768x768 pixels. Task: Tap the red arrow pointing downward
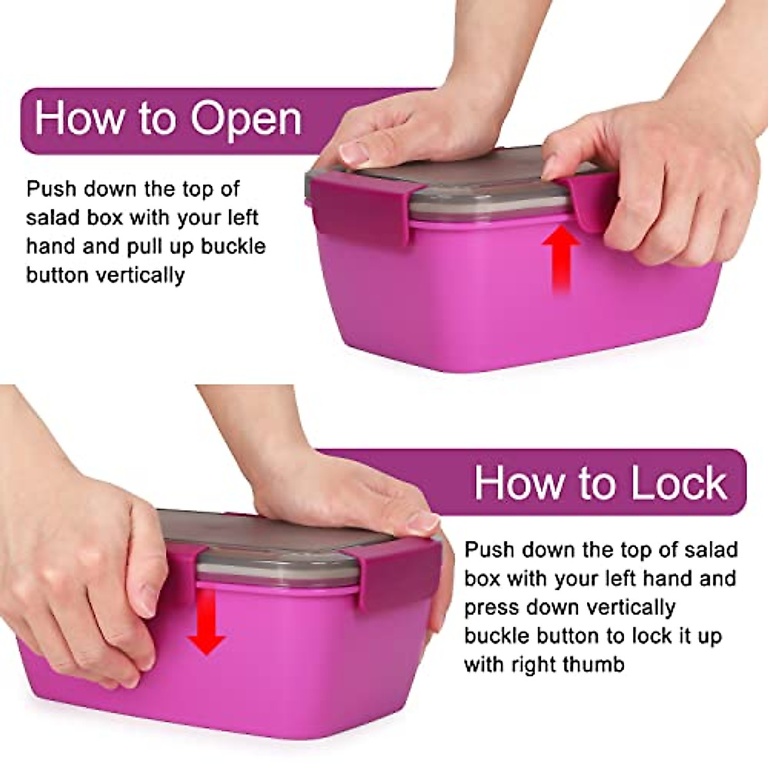(205, 621)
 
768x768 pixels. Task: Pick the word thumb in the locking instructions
(593, 665)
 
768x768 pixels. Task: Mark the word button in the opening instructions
(56, 275)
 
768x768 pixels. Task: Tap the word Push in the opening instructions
(51, 189)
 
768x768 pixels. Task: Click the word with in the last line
(485, 665)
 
